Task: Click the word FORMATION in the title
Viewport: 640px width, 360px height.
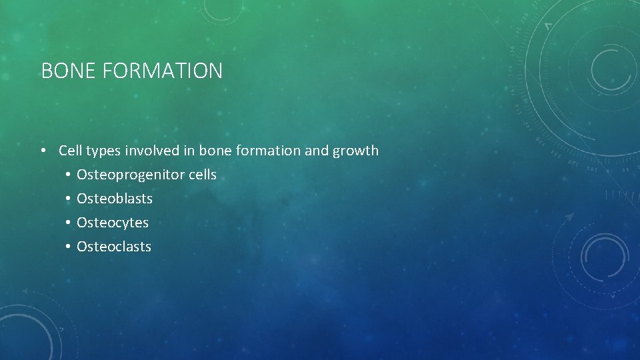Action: [163, 71]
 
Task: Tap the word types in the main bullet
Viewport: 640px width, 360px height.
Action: [102, 151]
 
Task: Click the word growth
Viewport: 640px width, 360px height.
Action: [355, 151]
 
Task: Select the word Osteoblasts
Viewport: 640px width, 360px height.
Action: [115, 199]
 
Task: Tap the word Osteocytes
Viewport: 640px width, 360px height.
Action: [113, 223]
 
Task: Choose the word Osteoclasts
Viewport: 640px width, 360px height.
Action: [114, 247]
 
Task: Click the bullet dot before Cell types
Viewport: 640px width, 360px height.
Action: [43, 151]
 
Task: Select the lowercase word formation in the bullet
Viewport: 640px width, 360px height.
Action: [269, 151]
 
